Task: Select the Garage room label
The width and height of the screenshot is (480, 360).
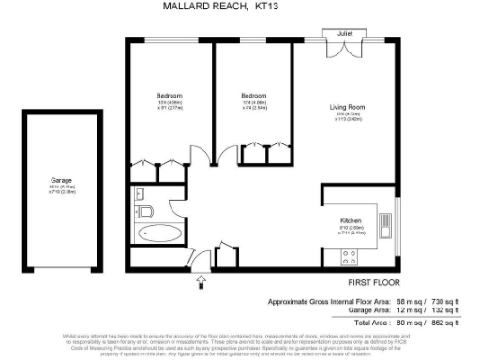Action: (x=61, y=179)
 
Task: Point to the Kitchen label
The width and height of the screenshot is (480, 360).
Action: (x=352, y=221)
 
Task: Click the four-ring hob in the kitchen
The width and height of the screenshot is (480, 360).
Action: (x=352, y=255)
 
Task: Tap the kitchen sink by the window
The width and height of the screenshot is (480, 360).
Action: (x=384, y=225)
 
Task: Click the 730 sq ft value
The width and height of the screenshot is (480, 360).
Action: (x=442, y=300)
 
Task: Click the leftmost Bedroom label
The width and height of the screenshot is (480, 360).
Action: (x=169, y=97)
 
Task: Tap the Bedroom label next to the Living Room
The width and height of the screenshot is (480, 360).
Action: (x=253, y=97)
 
